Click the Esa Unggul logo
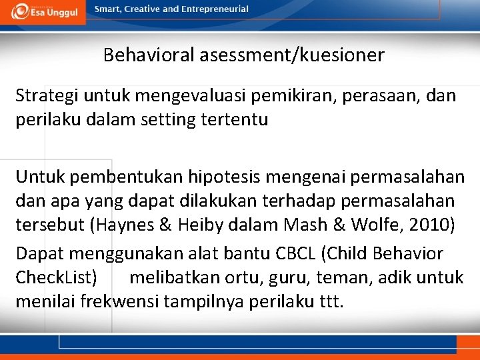[43, 11]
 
